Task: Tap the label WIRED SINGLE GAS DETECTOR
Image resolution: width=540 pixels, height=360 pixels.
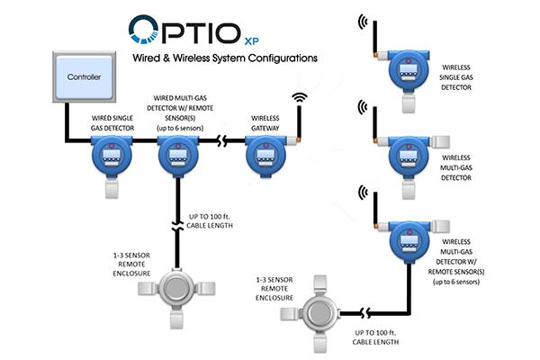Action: tap(112, 123)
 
